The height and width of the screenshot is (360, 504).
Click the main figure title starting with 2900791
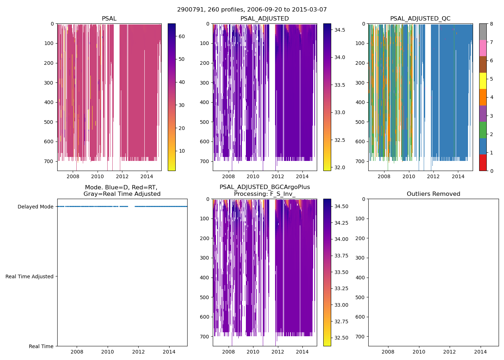tap(252, 10)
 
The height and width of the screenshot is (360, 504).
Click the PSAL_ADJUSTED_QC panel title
tap(420, 19)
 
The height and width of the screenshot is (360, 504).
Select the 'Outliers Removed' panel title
tap(433, 194)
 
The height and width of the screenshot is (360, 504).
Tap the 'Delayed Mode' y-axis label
tap(35, 207)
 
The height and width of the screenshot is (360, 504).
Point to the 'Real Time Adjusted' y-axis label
tap(30, 276)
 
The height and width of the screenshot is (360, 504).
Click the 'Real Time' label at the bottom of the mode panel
tap(41, 346)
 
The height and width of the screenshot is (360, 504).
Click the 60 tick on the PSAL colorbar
tap(181, 36)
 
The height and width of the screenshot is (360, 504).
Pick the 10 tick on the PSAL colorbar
tap(181, 151)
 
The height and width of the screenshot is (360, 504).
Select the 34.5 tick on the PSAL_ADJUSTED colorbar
tap(340, 30)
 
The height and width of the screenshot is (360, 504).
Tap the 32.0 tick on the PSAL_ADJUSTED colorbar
tap(340, 167)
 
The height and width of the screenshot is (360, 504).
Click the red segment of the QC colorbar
tap(483, 163)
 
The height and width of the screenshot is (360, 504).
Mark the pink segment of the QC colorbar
tap(483, 48)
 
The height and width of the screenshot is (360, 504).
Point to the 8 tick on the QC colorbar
tap(491, 24)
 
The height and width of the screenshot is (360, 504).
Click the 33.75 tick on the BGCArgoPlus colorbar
tap(341, 256)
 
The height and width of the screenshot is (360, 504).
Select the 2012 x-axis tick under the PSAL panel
tap(122, 176)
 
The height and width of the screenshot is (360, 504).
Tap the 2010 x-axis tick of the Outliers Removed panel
tap(419, 352)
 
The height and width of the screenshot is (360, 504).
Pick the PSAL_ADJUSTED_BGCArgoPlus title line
tap(265, 187)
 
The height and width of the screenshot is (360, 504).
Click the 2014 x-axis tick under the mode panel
tap(169, 352)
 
